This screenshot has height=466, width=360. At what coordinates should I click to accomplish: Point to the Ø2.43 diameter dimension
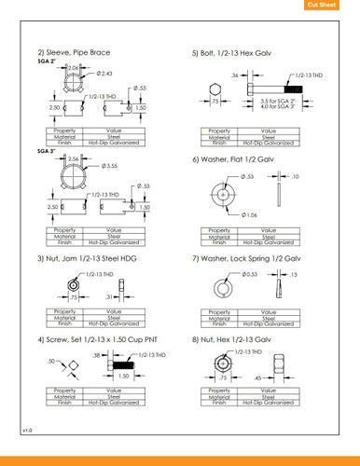point(104,73)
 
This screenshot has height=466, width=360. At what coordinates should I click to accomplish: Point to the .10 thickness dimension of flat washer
point(295,175)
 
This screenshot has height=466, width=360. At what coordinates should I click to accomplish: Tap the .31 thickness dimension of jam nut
point(110,296)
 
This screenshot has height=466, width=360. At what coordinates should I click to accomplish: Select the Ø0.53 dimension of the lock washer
point(249,274)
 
